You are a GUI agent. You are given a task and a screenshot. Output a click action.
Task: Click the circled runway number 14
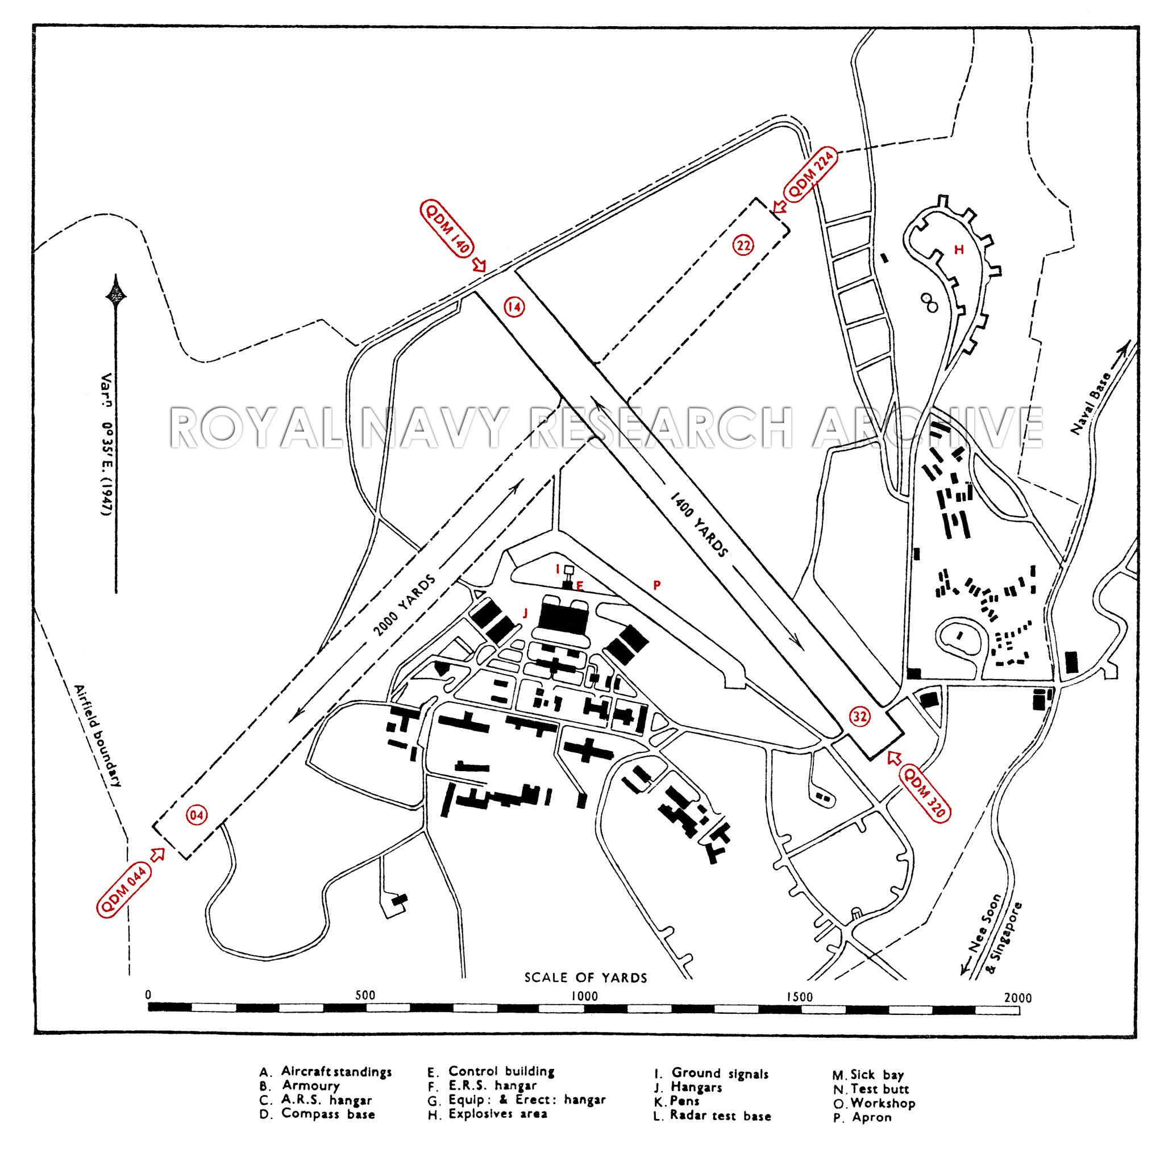514,307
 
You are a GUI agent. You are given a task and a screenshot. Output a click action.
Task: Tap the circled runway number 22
743,244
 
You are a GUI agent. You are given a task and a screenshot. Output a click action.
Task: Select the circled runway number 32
860,716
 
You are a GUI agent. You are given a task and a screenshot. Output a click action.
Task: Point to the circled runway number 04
197,815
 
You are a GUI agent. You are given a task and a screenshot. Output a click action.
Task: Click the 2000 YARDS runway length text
404,605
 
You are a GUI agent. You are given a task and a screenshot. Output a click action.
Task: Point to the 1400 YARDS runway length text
699,523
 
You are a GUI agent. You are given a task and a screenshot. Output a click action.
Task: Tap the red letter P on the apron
658,584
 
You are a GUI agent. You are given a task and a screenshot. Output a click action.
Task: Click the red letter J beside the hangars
525,614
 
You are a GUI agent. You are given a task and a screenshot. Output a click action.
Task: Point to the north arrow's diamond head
117,294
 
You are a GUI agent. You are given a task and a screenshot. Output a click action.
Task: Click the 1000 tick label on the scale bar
584,996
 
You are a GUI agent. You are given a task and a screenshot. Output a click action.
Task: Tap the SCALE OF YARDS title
585,977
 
